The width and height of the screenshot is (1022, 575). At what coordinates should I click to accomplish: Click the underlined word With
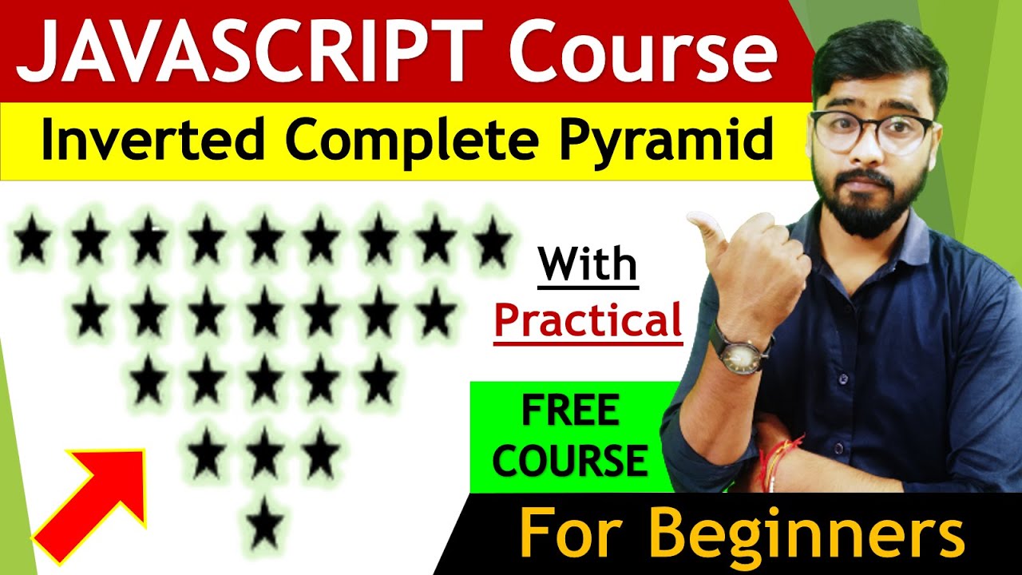tap(588, 265)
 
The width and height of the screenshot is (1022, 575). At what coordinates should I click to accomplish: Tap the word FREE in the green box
tap(570, 412)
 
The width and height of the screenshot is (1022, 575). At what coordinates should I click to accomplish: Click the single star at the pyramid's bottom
tap(265, 525)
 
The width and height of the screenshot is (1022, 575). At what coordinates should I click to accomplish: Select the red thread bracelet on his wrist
tap(778, 455)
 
